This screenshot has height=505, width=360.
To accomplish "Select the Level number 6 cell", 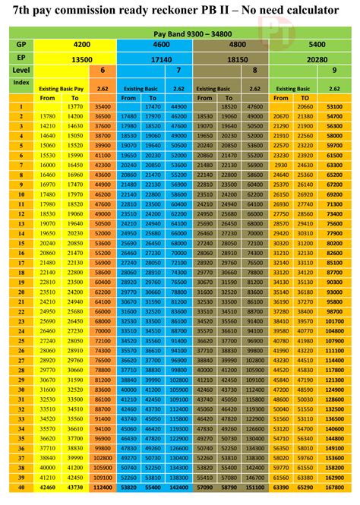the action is coord(103,69).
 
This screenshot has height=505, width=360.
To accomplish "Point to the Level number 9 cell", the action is coord(333,69).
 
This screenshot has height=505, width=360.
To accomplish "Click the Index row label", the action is coord(21,80).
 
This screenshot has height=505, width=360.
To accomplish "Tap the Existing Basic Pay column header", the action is coord(65,89).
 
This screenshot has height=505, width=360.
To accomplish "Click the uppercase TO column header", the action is coord(304,98).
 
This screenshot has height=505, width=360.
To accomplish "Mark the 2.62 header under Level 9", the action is coord(333,89).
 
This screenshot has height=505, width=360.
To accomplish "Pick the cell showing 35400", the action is coord(103,107).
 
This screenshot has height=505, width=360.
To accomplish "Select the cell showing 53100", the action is coord(333,107).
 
